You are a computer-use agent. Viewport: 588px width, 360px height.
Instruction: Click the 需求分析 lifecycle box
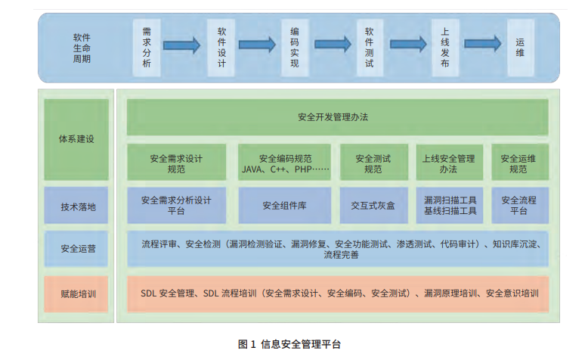point(147,48)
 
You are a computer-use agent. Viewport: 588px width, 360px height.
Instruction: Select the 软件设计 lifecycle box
point(221,48)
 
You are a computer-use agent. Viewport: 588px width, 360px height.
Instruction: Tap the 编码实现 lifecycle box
point(295,48)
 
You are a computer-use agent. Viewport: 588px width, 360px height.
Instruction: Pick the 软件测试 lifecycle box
point(369,48)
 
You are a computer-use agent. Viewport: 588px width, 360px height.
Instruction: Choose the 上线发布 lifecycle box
point(445,48)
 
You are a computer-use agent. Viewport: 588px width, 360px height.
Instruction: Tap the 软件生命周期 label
point(82,48)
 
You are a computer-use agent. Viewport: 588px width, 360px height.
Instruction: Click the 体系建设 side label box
point(77,139)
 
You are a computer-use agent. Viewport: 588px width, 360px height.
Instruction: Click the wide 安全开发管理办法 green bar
point(337,117)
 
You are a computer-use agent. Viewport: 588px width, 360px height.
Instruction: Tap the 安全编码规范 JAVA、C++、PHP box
point(285,163)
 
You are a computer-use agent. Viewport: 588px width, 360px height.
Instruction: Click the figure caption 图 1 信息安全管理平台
point(289,344)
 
